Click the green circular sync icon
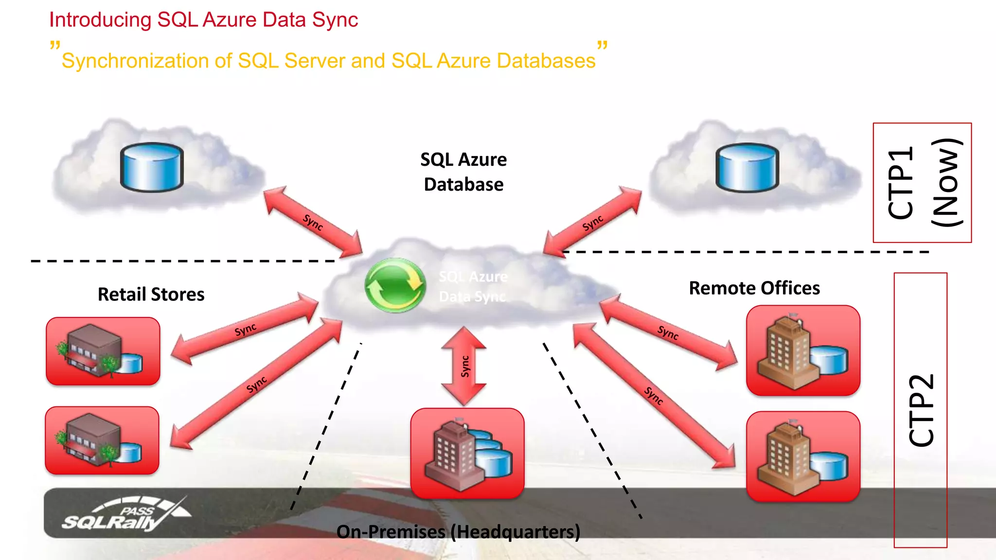[395, 285]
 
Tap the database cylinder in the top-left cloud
[152, 167]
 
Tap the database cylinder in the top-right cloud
[747, 167]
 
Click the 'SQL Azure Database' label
[463, 172]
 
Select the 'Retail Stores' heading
[151, 295]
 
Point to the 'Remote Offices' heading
[754, 288]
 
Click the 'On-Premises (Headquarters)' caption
[458, 532]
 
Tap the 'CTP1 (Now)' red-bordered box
[922, 183]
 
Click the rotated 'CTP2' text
[921, 410]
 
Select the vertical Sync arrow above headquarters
[464, 366]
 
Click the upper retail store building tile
[103, 351]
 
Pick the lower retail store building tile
[102, 440]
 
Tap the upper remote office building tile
[803, 350]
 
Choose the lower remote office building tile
[803, 456]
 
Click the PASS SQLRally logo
[126, 514]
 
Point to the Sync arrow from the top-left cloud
[313, 222]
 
